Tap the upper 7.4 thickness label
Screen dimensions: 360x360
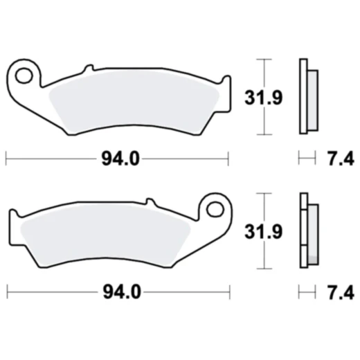340,159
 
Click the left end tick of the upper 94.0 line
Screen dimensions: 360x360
6,159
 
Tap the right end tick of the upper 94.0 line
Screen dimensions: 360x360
227,159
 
